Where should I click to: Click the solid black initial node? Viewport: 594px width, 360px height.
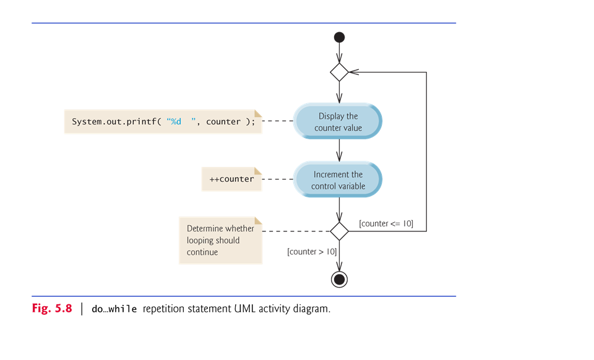point(339,37)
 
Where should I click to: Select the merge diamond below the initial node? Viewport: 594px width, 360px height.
point(339,72)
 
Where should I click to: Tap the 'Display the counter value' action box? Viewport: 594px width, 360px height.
point(338,122)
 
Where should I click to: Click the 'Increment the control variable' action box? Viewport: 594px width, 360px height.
point(338,180)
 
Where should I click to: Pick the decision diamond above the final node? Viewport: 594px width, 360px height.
point(339,231)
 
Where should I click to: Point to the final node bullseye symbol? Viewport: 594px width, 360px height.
point(339,279)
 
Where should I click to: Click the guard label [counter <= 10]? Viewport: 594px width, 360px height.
point(386,223)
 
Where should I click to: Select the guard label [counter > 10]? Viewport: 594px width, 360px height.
point(312,252)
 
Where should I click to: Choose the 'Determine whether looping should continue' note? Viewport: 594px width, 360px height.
point(220,240)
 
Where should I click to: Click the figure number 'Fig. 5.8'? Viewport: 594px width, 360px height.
point(52,308)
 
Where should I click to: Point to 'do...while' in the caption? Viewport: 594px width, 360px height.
point(114,309)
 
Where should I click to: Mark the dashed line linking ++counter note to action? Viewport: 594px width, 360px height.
point(278,179)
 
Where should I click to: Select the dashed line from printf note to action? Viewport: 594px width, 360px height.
point(278,122)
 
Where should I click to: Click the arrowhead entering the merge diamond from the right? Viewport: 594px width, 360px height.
point(353,72)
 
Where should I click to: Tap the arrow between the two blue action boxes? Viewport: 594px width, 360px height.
point(339,150)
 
